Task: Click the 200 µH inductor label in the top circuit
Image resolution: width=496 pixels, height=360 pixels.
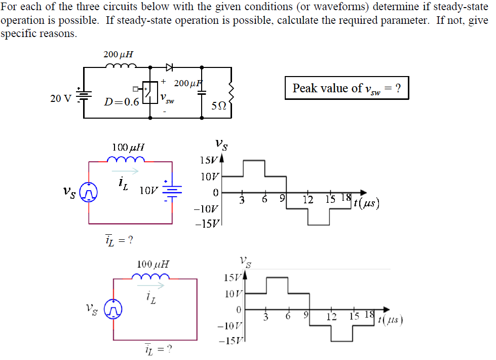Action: (118, 54)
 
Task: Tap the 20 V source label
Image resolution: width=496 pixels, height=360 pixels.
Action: (61, 98)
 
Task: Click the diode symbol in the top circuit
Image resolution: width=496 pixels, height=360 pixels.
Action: (169, 66)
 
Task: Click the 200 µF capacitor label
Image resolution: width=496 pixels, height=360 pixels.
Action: (187, 83)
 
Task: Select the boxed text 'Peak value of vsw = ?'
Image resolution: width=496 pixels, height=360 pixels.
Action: (347, 88)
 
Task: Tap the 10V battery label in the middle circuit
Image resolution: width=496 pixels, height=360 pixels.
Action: (148, 191)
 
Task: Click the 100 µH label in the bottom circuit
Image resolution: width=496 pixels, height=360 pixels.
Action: (153, 264)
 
